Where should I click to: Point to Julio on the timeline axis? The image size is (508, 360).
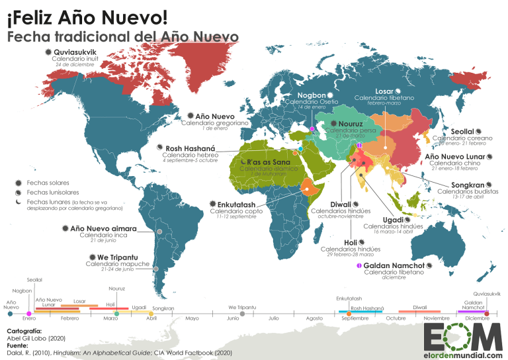pos(274,318)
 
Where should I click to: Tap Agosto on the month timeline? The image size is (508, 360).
pos(315,318)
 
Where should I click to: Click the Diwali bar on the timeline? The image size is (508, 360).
pos(419,311)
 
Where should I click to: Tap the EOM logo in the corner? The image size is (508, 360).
pos(462,337)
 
